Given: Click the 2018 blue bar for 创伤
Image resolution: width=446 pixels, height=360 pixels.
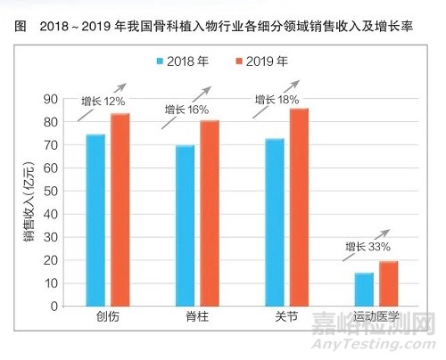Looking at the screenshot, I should click(95, 220).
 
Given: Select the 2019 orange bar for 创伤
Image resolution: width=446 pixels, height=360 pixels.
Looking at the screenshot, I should click(120, 209).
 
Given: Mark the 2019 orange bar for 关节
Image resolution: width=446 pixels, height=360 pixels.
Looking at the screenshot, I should click(299, 207).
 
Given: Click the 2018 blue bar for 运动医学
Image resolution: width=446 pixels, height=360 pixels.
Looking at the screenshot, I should click(365, 289).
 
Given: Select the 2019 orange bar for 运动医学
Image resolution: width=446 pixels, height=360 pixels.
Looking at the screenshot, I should click(389, 283).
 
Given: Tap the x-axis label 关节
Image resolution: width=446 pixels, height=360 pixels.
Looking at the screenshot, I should click(286, 319).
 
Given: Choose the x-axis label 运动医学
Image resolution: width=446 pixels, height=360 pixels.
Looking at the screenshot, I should click(376, 319).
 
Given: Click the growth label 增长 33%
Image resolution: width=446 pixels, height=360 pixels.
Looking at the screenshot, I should click(369, 246).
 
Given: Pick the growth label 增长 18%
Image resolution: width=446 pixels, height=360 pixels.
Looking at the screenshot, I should click(275, 100).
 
